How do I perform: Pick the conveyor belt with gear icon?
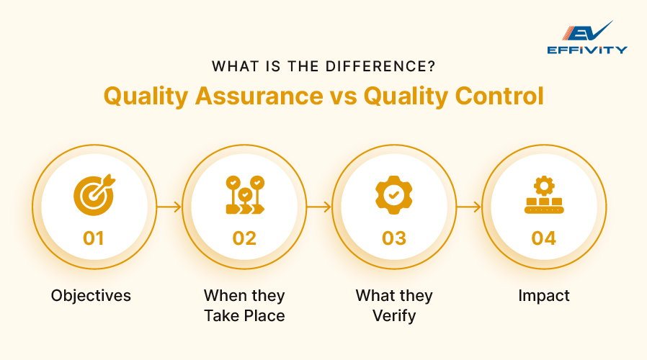click(x=544, y=196)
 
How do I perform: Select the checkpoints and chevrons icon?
click(x=245, y=194)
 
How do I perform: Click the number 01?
click(x=94, y=238)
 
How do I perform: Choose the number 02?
click(x=245, y=238)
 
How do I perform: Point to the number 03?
click(x=394, y=238)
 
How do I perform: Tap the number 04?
click(x=544, y=238)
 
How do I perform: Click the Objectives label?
click(x=91, y=296)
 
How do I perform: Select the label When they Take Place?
click(x=244, y=305)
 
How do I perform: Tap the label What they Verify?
click(x=394, y=305)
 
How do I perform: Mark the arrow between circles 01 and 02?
click(x=169, y=207)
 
